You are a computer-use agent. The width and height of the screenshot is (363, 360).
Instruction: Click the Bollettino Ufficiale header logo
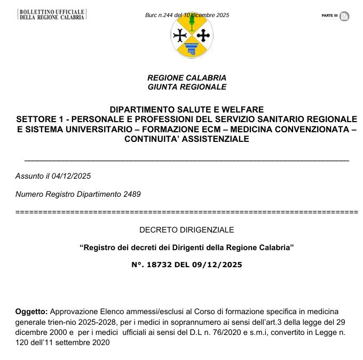(x=52, y=14)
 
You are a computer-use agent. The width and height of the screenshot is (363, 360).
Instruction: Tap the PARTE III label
(x=329, y=16)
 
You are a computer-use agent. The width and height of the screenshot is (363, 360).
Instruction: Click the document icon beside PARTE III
(x=344, y=16)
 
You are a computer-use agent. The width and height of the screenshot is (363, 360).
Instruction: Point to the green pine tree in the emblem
(x=192, y=21)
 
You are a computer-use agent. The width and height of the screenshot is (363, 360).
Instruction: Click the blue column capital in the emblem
(x=192, y=50)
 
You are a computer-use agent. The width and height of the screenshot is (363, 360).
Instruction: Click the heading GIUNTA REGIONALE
(x=187, y=87)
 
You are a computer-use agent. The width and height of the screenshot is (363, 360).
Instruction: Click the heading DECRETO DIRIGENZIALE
(x=187, y=230)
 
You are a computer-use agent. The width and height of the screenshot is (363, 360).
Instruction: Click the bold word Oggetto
(x=31, y=311)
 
